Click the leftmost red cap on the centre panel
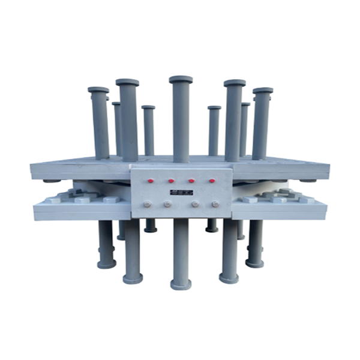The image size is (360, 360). (x=151, y=180)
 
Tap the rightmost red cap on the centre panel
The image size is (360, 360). (x=212, y=180)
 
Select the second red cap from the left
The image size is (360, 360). (x=172, y=180)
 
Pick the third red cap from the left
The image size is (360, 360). (x=191, y=180)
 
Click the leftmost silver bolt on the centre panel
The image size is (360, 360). (x=147, y=204)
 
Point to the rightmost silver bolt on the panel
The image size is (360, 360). (x=215, y=204)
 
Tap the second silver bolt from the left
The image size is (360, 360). (x=167, y=204)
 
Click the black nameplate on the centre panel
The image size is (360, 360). (x=181, y=192)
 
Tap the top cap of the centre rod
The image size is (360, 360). (x=181, y=79)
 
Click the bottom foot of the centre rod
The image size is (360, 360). (x=181, y=284)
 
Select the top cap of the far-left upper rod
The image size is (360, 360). (x=98, y=90)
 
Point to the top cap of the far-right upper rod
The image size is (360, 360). (x=263, y=91)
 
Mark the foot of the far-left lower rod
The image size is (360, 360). (x=107, y=263)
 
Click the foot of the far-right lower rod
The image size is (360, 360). (x=254, y=262)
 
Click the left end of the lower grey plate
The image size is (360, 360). (x=37, y=210)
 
